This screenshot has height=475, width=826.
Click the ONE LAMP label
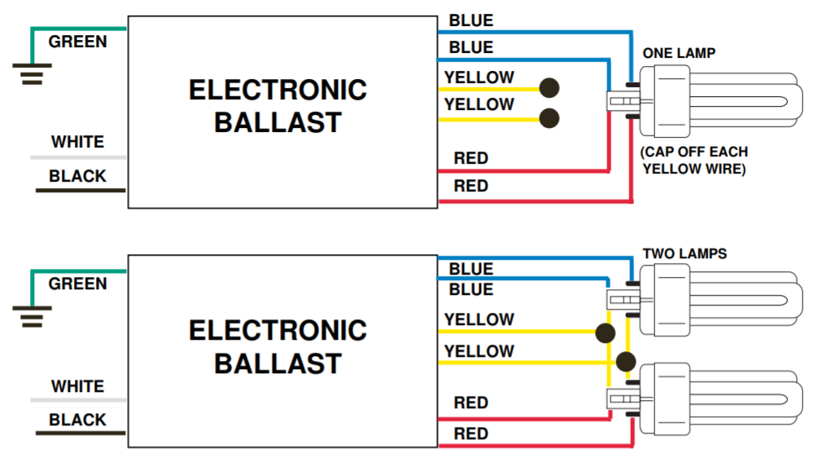pyautogui.click(x=679, y=53)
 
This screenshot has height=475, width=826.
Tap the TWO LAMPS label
pyautogui.click(x=684, y=253)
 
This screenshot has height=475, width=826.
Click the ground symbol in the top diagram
pyautogui.click(x=32, y=74)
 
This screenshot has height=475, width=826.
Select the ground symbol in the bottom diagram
pyautogui.click(x=32, y=316)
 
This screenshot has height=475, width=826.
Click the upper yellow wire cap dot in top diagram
pyautogui.click(x=549, y=88)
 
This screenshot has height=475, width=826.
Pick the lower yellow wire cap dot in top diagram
pyautogui.click(x=549, y=118)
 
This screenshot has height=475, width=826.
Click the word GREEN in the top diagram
pyautogui.click(x=77, y=42)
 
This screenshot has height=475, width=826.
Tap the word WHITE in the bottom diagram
pyautogui.click(x=77, y=386)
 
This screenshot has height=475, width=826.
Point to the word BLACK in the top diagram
pyautogui.click(x=77, y=176)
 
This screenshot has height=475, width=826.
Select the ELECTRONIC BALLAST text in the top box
pyautogui.click(x=278, y=106)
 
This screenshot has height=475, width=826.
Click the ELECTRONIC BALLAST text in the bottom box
pyautogui.click(x=278, y=347)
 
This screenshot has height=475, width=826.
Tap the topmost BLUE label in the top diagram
pyautogui.click(x=471, y=20)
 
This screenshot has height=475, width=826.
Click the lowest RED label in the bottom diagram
pyautogui.click(x=471, y=434)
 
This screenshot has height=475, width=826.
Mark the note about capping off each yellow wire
pyautogui.click(x=694, y=161)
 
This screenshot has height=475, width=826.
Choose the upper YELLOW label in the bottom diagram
pyautogui.click(x=479, y=319)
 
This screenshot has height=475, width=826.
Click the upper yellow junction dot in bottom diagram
pyautogui.click(x=605, y=333)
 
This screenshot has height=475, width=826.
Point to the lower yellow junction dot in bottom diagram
pyautogui.click(x=626, y=362)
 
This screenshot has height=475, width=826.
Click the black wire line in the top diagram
pyautogui.click(x=81, y=191)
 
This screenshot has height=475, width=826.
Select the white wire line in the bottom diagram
pyautogui.click(x=78, y=400)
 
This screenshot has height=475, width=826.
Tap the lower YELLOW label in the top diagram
pyautogui.click(x=479, y=104)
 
